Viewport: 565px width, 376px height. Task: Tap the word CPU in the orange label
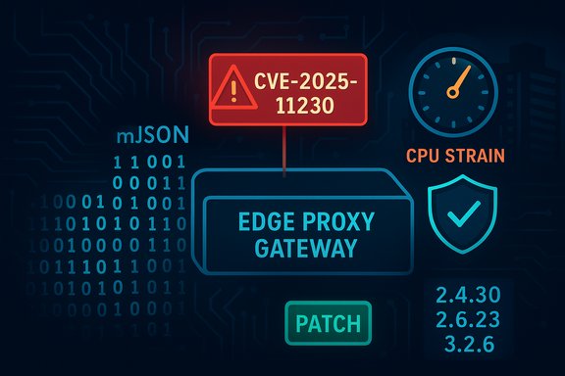pyautogui.click(x=430, y=154)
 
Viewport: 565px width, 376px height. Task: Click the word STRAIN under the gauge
pyautogui.click(x=483, y=154)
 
